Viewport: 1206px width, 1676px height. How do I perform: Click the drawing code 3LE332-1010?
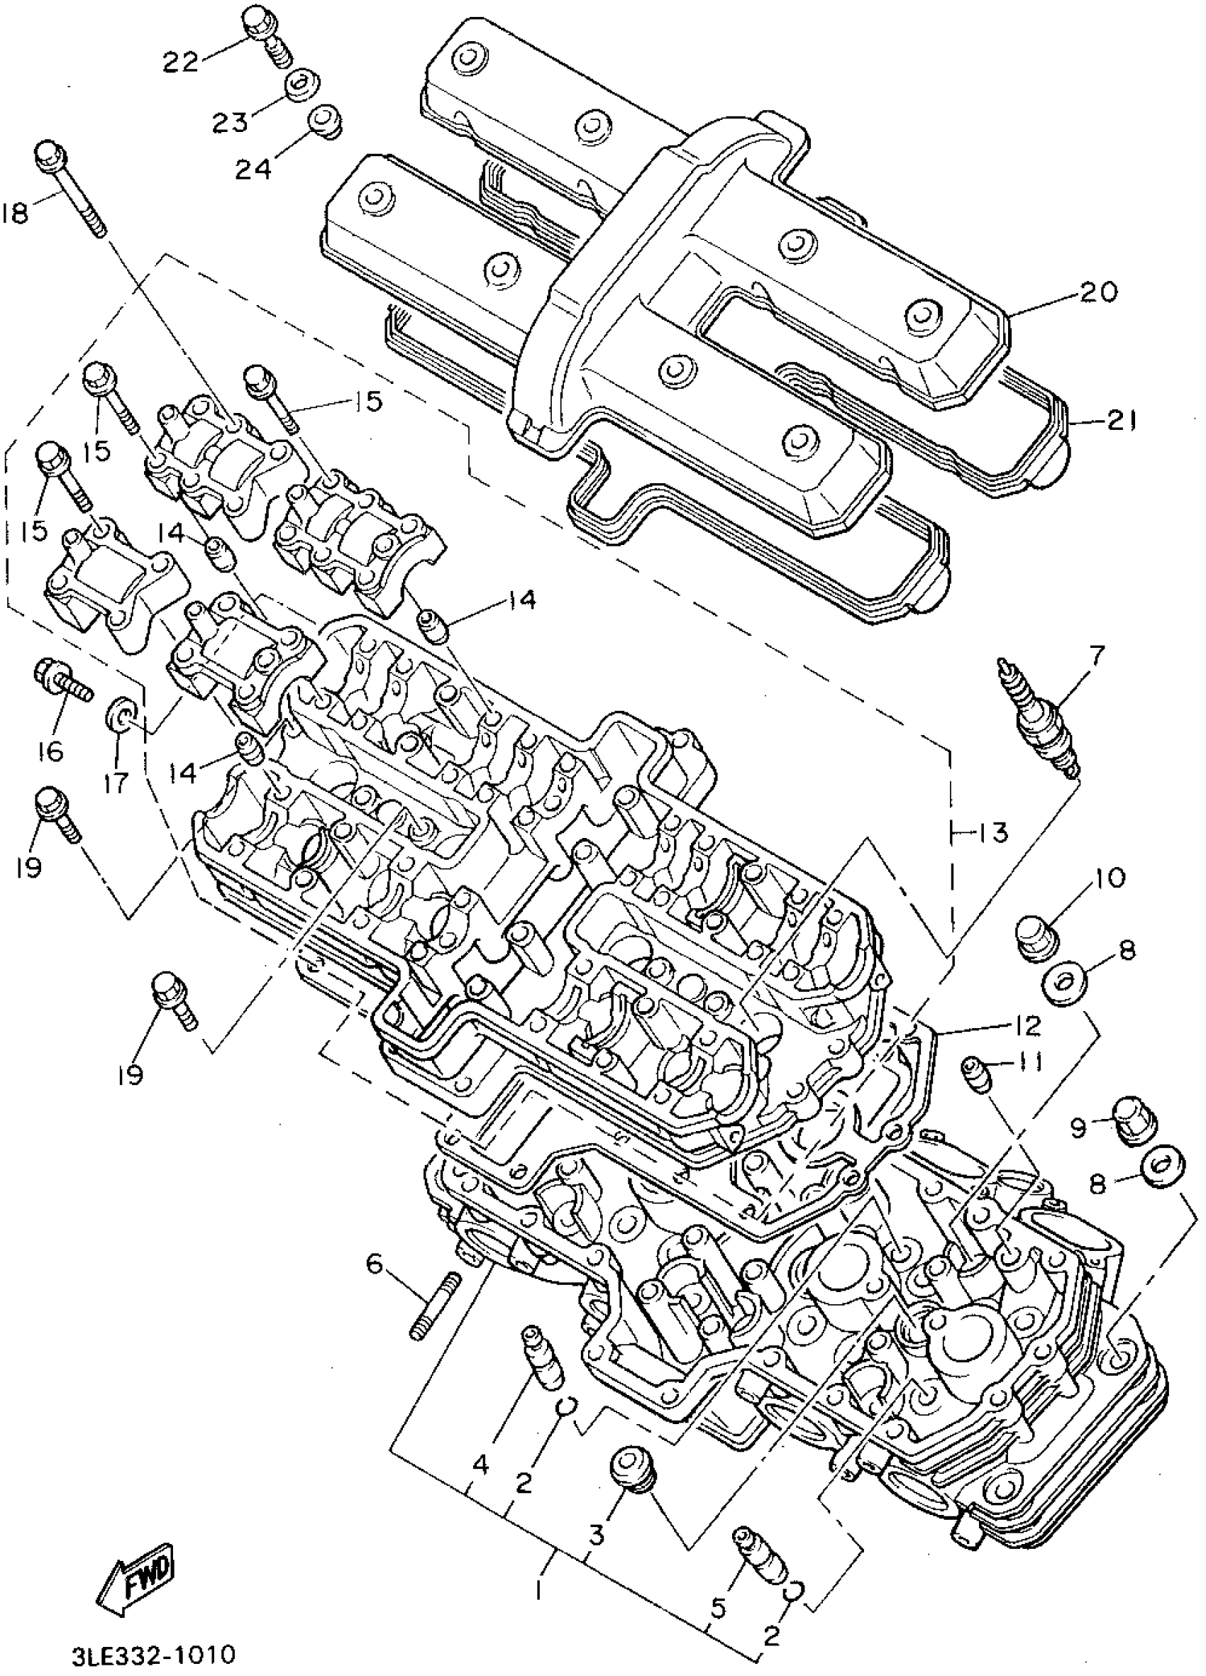[x=154, y=1653]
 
